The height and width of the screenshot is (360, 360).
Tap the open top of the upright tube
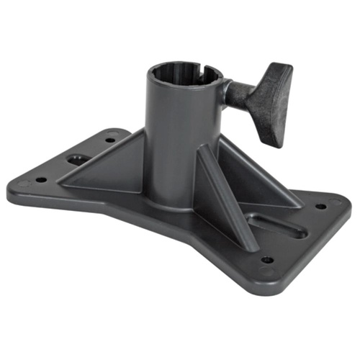[x=185, y=73]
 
